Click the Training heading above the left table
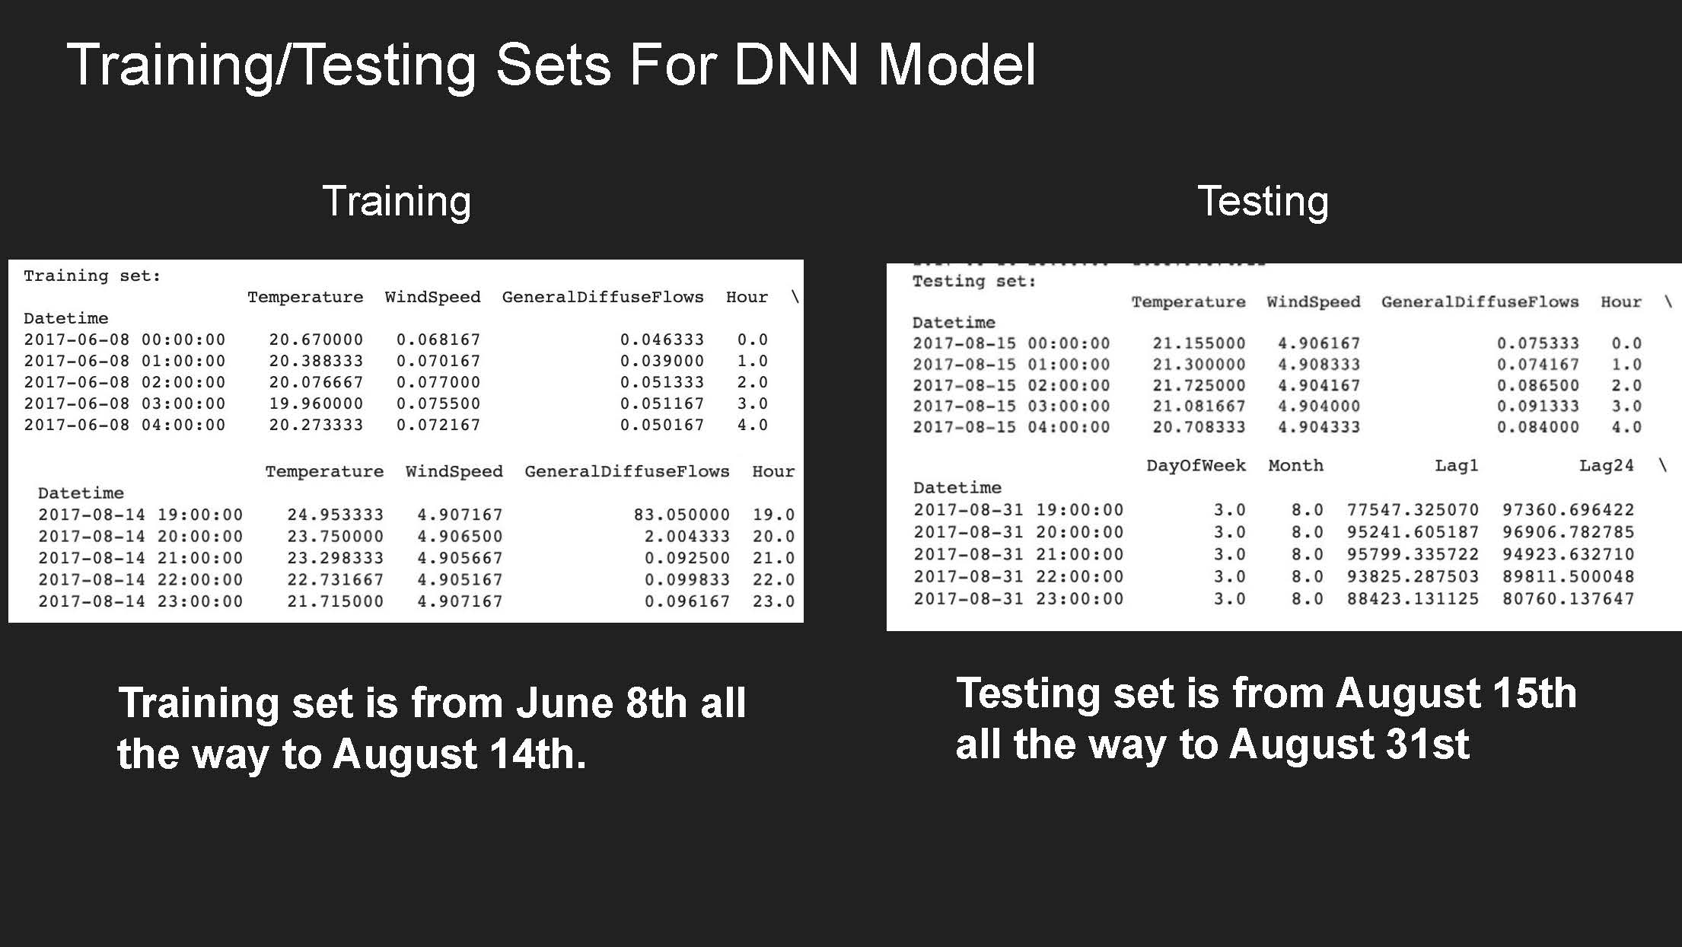397,201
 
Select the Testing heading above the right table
1263,201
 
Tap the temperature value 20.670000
316,340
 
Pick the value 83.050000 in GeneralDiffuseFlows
681,515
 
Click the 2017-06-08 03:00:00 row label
125,403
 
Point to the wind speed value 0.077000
438,382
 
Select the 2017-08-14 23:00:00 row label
141,601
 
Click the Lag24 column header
1606,465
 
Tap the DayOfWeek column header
1196,465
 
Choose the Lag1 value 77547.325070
1413,509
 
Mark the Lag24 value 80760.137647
1568,599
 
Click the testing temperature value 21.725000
1199,385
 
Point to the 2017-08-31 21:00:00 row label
1018,554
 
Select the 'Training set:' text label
92,276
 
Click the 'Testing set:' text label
974,281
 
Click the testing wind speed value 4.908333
1318,365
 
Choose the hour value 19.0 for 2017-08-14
773,515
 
